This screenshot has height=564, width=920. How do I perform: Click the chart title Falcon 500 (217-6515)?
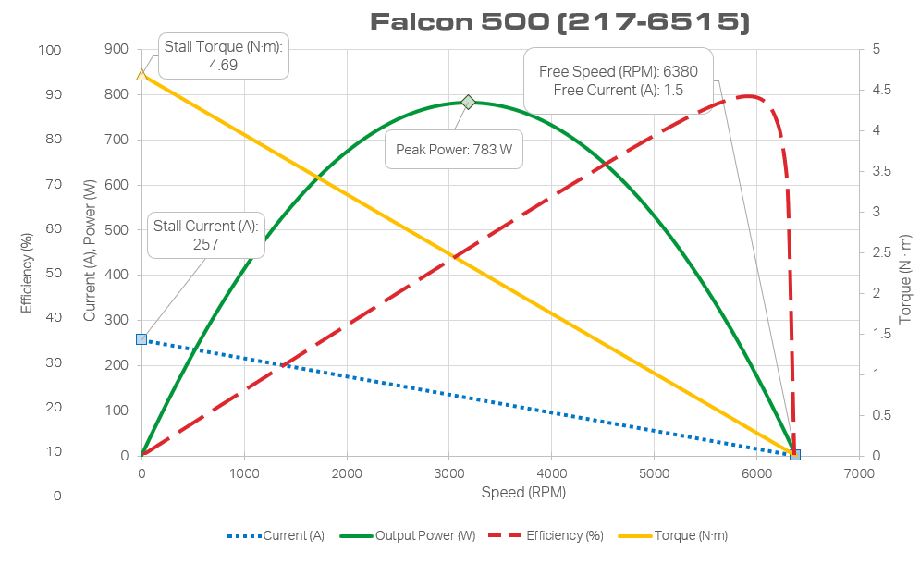tap(559, 22)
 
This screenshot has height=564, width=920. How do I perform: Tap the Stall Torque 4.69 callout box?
tap(223, 55)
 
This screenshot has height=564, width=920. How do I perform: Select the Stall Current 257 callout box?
tap(206, 235)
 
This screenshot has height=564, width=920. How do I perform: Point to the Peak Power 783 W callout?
tap(453, 149)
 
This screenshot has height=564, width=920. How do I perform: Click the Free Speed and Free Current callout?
tap(618, 80)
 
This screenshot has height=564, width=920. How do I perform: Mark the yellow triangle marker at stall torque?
tap(141, 74)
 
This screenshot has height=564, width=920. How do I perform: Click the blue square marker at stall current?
tap(141, 339)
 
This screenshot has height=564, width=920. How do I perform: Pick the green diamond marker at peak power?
tap(469, 102)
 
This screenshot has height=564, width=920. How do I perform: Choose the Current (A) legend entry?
tap(276, 535)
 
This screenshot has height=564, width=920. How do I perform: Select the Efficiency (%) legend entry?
tap(552, 535)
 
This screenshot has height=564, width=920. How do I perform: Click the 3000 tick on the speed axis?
tap(449, 473)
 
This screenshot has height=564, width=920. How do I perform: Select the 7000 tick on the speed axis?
tap(859, 473)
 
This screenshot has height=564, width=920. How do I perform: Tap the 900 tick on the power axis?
tap(117, 50)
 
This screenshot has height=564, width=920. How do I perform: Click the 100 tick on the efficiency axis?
tap(50, 50)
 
